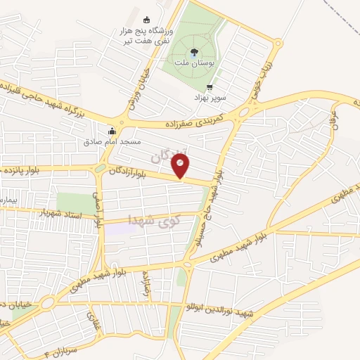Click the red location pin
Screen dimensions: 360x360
coord(181,166)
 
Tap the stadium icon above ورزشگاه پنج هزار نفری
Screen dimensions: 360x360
coord(147,20)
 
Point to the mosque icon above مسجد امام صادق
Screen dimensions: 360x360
coord(111,130)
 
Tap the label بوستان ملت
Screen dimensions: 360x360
coord(195,64)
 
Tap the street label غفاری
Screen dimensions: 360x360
coord(91,322)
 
